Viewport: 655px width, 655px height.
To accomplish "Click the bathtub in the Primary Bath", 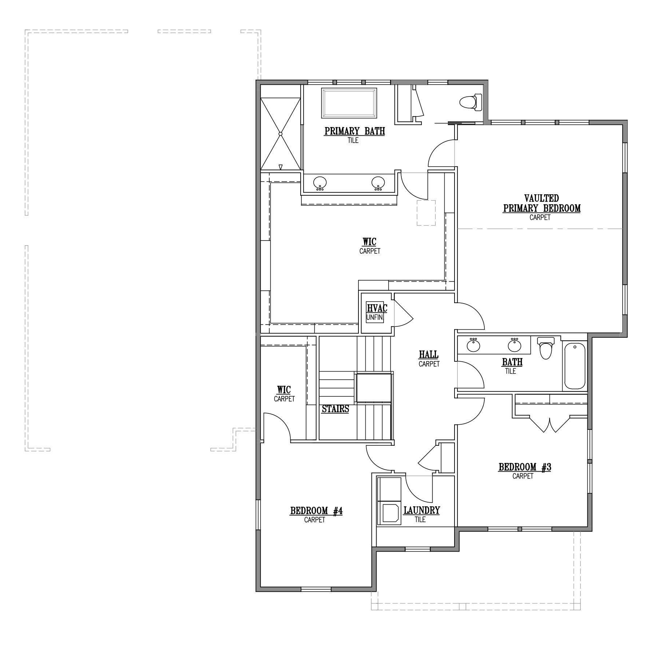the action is (349, 103).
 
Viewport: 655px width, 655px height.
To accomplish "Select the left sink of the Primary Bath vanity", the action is (320, 183).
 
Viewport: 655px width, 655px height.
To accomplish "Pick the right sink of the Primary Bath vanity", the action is (378, 183).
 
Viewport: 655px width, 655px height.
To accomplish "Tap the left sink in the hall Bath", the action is (474, 345).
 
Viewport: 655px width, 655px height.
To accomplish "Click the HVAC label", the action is (377, 308).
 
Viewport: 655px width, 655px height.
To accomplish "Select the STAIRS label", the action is (336, 409).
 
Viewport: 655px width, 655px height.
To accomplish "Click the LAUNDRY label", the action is (421, 511).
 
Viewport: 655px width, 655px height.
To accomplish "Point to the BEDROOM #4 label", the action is (316, 511).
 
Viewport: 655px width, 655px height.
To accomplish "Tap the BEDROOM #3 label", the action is (525, 467).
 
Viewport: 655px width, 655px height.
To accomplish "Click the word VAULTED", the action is (541, 198).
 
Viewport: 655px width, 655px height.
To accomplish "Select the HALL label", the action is (429, 354).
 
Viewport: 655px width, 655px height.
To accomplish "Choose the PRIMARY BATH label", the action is (355, 131).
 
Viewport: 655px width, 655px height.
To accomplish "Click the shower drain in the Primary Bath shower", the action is (281, 134).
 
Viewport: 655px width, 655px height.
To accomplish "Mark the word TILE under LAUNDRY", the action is (420, 520).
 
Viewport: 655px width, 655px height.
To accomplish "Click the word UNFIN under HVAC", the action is (375, 317).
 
